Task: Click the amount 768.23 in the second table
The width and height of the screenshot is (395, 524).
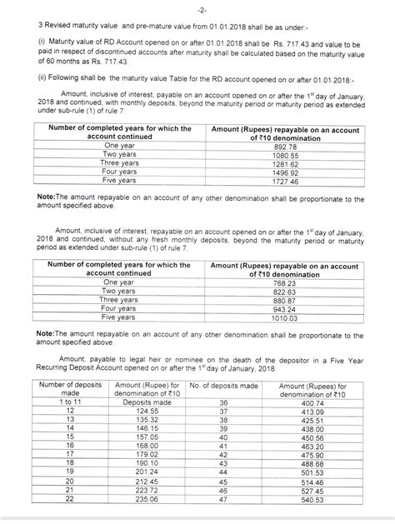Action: tap(281, 283)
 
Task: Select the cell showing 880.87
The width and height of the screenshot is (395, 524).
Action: tap(281, 302)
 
